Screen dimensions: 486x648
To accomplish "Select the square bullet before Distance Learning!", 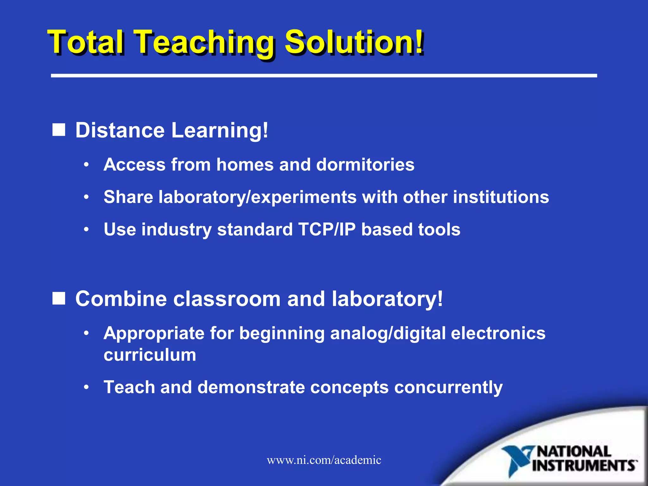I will [x=59, y=130].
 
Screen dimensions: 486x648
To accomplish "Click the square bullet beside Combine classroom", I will [x=59, y=298].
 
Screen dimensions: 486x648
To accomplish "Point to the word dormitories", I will [x=365, y=165].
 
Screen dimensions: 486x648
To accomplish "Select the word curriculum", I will [x=150, y=355].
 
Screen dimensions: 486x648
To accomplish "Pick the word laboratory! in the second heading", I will [x=387, y=299].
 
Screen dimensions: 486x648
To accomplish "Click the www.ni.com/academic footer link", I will [x=324, y=460].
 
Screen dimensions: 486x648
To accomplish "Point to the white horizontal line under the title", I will [x=324, y=76].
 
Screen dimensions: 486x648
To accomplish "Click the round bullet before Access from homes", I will [x=86, y=165].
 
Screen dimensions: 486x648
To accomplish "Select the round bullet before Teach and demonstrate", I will [x=86, y=387].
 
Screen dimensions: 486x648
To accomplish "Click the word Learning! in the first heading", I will [x=219, y=130].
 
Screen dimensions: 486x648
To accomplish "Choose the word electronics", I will [x=498, y=333].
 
